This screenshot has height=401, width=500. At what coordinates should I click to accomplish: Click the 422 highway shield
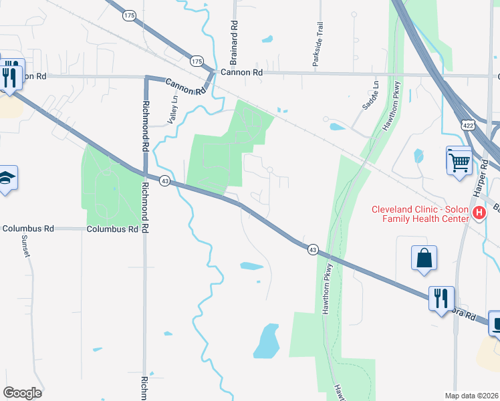(x=468, y=125)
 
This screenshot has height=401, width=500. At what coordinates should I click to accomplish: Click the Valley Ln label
(x=174, y=108)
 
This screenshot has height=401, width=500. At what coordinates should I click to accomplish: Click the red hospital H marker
(x=479, y=213)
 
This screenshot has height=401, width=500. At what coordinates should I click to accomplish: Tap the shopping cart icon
(x=459, y=160)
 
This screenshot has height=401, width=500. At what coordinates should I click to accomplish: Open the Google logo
(x=22, y=393)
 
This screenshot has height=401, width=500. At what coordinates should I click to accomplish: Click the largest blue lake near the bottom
(x=267, y=341)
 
